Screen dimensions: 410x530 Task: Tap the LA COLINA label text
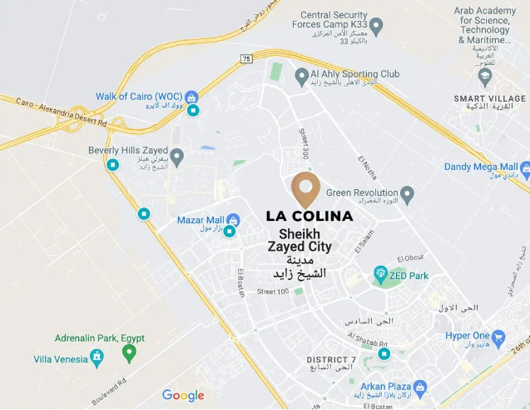(x=310, y=216)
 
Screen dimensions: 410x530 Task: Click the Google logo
(x=183, y=395)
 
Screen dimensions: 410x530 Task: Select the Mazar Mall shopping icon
(x=233, y=220)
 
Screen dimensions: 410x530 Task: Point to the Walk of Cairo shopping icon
(x=192, y=97)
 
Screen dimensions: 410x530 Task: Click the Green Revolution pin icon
(x=407, y=194)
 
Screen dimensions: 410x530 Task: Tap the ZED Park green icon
(x=380, y=272)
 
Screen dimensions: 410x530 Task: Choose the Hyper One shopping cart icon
(x=498, y=337)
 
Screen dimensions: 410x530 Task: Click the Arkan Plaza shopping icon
(x=419, y=387)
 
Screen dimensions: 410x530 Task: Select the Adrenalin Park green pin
(x=129, y=352)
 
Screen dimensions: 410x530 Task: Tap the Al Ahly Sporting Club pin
(x=302, y=77)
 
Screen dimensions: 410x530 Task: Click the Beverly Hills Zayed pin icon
(x=176, y=155)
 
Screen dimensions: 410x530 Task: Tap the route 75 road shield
(x=245, y=58)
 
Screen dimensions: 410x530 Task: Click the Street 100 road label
(x=273, y=291)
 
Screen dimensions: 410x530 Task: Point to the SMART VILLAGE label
(x=489, y=98)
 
